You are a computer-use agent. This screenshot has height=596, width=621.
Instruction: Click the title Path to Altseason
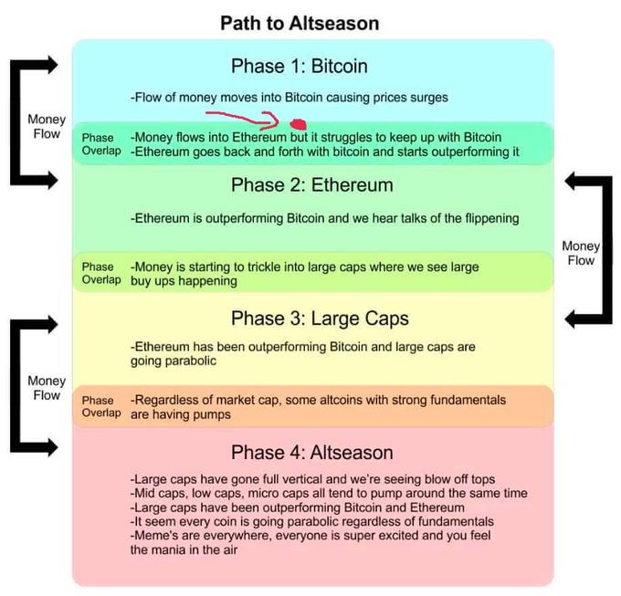point(300,23)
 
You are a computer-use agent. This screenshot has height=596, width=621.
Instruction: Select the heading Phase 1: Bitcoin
point(300,66)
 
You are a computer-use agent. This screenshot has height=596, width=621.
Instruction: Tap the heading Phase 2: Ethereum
point(312,184)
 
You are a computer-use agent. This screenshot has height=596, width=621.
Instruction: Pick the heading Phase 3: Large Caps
point(320,319)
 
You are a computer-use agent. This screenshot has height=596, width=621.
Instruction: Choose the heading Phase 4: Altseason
point(312,452)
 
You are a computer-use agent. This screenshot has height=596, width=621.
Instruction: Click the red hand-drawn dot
point(299,124)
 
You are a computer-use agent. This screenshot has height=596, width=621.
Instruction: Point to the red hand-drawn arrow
point(242,120)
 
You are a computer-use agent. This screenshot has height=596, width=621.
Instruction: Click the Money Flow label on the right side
point(581,253)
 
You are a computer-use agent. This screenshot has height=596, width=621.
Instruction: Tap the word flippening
point(492,218)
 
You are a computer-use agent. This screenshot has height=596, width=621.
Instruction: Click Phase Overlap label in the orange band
point(101,406)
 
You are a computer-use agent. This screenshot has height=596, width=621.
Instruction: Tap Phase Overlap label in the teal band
point(101,144)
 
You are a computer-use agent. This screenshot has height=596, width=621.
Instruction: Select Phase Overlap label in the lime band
point(101,273)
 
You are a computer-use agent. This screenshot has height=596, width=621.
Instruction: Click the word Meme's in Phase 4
point(155,536)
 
